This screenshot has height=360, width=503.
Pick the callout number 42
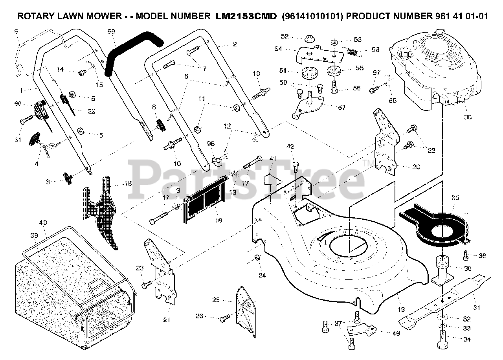coord(290,147)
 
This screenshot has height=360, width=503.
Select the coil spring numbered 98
coord(354,51)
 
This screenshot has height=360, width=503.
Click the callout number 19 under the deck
coord(400,310)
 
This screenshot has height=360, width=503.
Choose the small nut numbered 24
coord(257,257)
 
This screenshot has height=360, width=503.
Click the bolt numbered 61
coord(26,119)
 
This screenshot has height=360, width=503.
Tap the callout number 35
coord(455,198)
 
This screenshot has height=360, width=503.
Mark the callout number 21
coord(167,320)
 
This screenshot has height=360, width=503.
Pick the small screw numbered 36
coord(466,255)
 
